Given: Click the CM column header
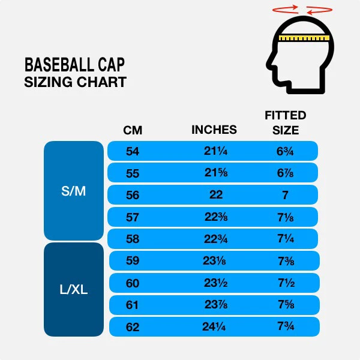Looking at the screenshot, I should pos(133,130).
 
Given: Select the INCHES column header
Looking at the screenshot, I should pos(214,130).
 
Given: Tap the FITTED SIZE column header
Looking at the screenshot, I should pos(286,122).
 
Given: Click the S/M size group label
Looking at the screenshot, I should pos(74,191).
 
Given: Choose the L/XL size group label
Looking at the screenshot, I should pos(74,289).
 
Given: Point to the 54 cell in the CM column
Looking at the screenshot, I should pos(133,151).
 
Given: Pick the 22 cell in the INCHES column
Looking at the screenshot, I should pos(216,195).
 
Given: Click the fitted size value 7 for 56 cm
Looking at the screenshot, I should pos(285,195).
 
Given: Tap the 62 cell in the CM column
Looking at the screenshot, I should pos(133,327).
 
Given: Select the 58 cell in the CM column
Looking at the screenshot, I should pos(133,239).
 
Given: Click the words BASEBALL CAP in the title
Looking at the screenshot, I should pos(74,65).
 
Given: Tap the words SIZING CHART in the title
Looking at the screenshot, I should pos(75,82).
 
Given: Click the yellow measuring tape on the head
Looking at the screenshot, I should pos(305,38).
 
